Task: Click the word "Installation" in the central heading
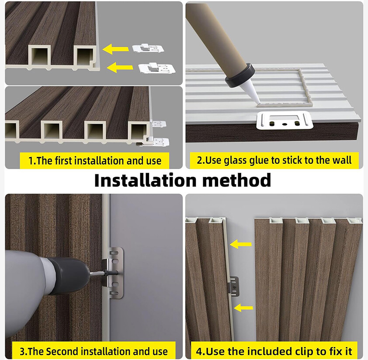point(145,180)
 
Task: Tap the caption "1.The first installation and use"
point(95,161)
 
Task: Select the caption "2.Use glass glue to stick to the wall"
point(274,160)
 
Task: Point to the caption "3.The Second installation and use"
point(94,351)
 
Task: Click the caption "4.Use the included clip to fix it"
point(274,351)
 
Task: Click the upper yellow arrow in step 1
point(116,49)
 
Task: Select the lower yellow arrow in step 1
point(120,67)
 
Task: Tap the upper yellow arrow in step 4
point(240,244)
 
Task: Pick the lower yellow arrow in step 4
point(243,308)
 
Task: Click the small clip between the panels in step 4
point(234,286)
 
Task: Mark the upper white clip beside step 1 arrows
point(148,48)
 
